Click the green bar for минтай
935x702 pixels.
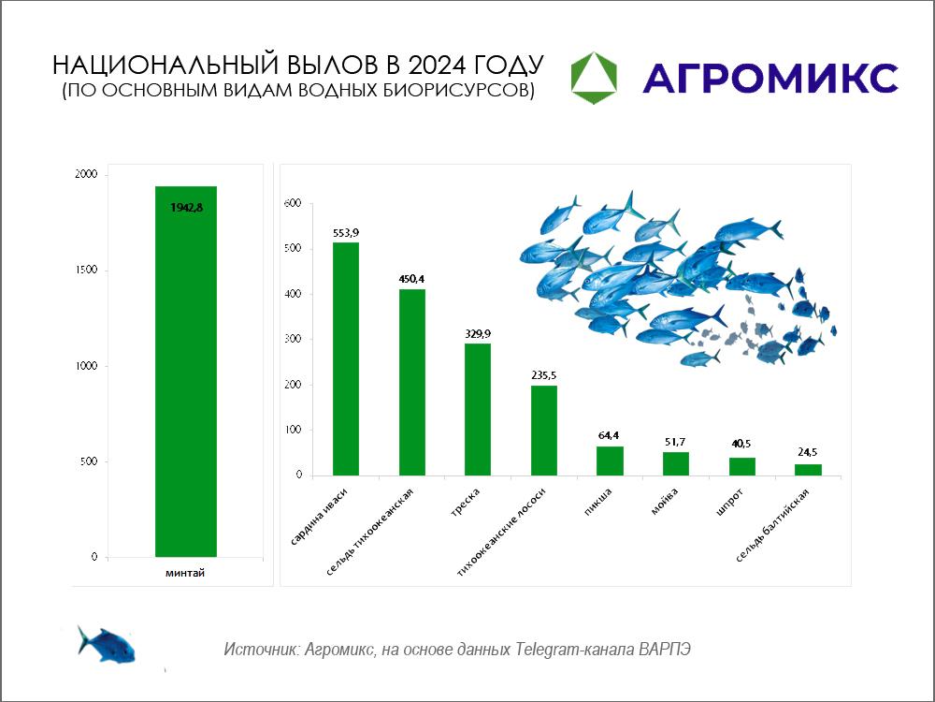186,372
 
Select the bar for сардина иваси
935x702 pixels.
346,358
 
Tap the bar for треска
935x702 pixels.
478,410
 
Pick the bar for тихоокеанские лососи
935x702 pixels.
544,431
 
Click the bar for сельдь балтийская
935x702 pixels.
808,470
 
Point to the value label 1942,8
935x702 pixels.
187,208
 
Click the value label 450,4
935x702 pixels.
412,279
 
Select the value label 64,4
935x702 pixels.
609,436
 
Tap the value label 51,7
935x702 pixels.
675,442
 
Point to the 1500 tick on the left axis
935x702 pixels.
86,271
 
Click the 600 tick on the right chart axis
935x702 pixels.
294,203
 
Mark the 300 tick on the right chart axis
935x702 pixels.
294,339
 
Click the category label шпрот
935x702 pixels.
730,504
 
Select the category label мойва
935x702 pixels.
664,503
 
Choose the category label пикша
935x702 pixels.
598,503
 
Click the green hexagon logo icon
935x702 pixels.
594,78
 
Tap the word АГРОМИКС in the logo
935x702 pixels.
770,79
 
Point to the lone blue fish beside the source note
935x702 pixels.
107,645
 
